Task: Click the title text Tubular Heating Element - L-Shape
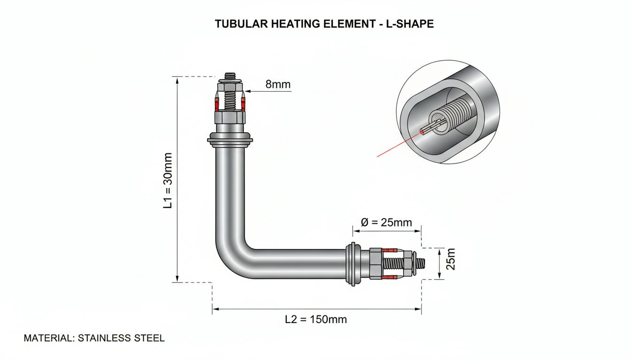324,24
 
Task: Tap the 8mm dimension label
278,84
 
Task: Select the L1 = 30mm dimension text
168,180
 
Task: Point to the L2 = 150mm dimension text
316,320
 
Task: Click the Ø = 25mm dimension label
386,222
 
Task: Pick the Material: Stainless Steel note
94,338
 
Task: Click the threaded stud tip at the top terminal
230,76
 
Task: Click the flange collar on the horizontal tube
353,264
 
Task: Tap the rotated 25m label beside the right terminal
451,259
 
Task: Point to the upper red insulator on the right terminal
389,250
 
